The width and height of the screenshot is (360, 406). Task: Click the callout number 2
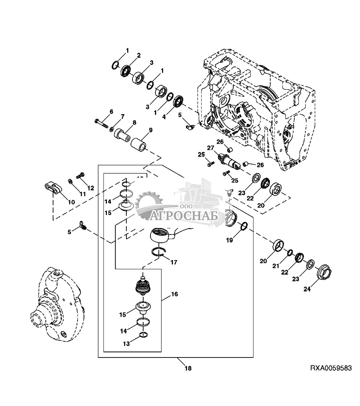tap(139, 55)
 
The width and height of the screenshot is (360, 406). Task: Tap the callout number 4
tap(164, 117)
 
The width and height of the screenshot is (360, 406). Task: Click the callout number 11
tap(82, 194)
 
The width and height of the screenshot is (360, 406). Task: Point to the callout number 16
tap(174, 294)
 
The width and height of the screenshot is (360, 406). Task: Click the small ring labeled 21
tap(290, 252)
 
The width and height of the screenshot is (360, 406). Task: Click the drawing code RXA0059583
tap(331, 368)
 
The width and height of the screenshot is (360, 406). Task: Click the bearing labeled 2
tap(126, 71)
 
